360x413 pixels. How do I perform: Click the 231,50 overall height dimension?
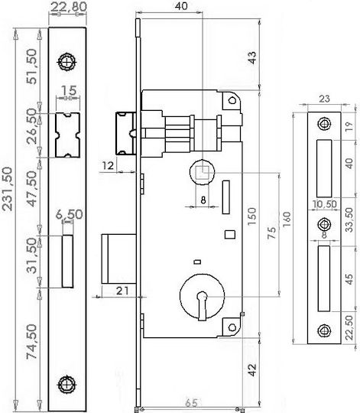click(x=7, y=189)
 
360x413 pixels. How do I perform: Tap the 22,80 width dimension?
click(x=69, y=7)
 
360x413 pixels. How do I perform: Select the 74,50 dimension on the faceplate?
click(x=32, y=342)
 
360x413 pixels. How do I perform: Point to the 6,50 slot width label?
click(x=70, y=214)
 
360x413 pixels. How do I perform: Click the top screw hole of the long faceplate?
click(x=66, y=63)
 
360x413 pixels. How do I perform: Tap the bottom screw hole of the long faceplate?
click(x=67, y=384)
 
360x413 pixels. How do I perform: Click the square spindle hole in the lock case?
click(x=203, y=173)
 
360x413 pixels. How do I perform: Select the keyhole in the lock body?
click(x=202, y=305)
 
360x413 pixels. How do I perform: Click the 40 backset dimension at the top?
click(x=181, y=6)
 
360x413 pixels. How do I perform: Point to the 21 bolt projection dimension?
click(x=122, y=291)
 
